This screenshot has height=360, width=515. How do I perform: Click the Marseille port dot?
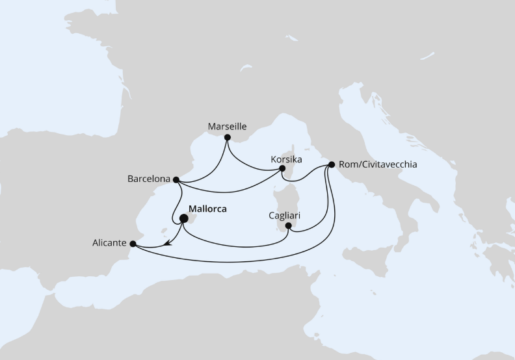pyautogui.click(x=227, y=138)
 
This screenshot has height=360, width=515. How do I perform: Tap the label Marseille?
pyautogui.click(x=227, y=125)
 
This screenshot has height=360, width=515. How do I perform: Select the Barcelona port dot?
pyautogui.click(x=176, y=179)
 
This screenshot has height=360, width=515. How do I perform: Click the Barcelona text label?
pyautogui.click(x=149, y=179)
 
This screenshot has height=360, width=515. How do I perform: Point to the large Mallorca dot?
pyautogui.click(x=183, y=219)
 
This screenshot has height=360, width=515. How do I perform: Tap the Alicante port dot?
pyautogui.click(x=133, y=244)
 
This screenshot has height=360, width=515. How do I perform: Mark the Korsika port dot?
pyautogui.click(x=282, y=169)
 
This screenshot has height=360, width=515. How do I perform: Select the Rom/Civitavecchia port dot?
pyautogui.click(x=332, y=165)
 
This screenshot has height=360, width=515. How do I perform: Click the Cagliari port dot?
pyautogui.click(x=288, y=226)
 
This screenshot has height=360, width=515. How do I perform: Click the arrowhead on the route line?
pyautogui.click(x=166, y=244)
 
